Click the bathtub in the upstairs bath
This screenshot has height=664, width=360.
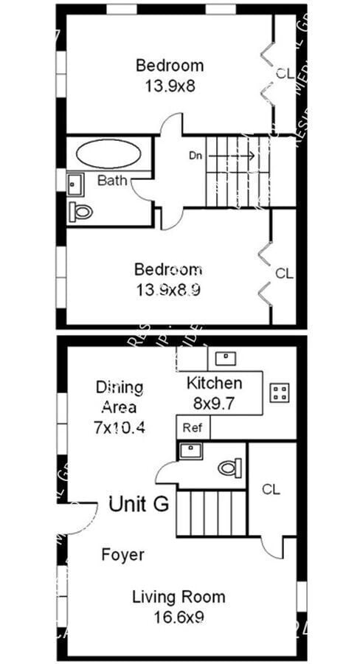click(x=108, y=154)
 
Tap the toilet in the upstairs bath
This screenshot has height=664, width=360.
click(x=81, y=212)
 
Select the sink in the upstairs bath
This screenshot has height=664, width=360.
click(x=75, y=184)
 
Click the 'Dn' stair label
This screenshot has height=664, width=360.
click(x=195, y=156)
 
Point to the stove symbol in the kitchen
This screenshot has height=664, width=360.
click(x=280, y=392)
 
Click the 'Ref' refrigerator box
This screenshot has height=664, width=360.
click(x=193, y=427)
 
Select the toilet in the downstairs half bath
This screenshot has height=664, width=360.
click(x=229, y=467)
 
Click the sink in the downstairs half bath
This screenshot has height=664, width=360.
click(x=190, y=451)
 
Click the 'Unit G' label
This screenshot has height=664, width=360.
click(x=139, y=505)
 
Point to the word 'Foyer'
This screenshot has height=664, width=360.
click(x=122, y=555)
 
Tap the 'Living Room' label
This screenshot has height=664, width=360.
click(x=179, y=597)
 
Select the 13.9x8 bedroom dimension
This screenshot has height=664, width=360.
click(x=170, y=86)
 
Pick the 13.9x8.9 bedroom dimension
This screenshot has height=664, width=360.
click(x=167, y=290)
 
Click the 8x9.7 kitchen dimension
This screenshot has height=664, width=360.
click(x=214, y=403)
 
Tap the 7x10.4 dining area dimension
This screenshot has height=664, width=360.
click(x=119, y=426)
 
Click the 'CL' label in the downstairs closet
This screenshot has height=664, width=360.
click(x=271, y=488)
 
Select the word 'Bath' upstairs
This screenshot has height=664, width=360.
click(x=111, y=180)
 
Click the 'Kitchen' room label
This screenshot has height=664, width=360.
click(x=214, y=383)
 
